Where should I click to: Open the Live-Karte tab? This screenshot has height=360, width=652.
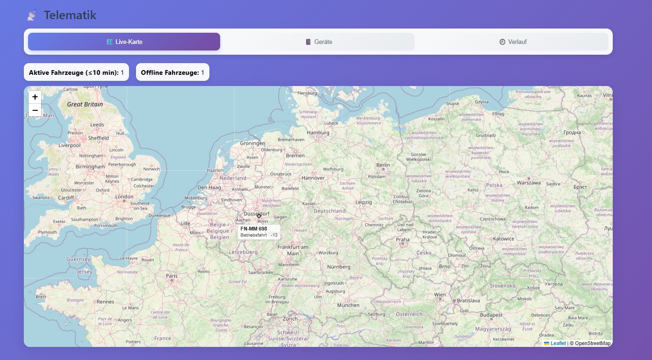point(124,42)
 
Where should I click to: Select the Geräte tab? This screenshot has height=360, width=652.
point(318,42)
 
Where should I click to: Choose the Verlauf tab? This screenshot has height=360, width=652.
point(513,42)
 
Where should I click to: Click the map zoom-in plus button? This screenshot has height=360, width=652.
point(35,97)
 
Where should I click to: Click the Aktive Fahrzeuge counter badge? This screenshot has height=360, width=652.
point(76,72)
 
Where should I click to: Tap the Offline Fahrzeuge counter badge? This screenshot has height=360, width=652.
point(172,72)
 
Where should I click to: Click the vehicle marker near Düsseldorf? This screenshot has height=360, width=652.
point(259,216)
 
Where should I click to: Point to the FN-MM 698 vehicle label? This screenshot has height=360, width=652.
point(254,229)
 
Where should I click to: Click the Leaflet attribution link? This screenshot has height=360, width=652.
point(558,343)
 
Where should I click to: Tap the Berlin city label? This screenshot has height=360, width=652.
point(383,165)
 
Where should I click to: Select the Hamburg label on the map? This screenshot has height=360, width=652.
point(318,133)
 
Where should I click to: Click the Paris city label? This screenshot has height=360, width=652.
point(172,276)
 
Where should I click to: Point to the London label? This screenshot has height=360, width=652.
point(124,197)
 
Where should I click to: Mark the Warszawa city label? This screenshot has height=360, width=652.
point(529,183)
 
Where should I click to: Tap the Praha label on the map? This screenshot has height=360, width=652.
point(403,239)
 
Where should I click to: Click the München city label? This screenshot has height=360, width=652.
point(348,305)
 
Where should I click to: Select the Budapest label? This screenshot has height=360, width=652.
point(491,315)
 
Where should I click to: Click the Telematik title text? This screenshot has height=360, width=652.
point(70,15)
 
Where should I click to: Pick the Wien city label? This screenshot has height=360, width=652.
point(440,295)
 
